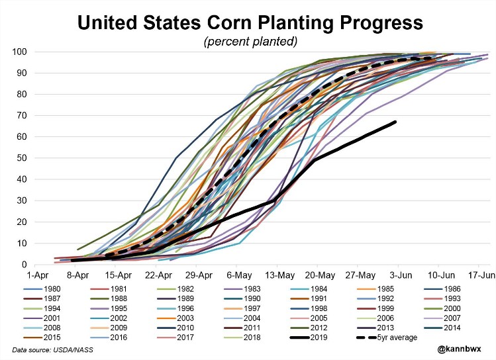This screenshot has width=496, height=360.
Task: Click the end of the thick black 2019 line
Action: [395, 122]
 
